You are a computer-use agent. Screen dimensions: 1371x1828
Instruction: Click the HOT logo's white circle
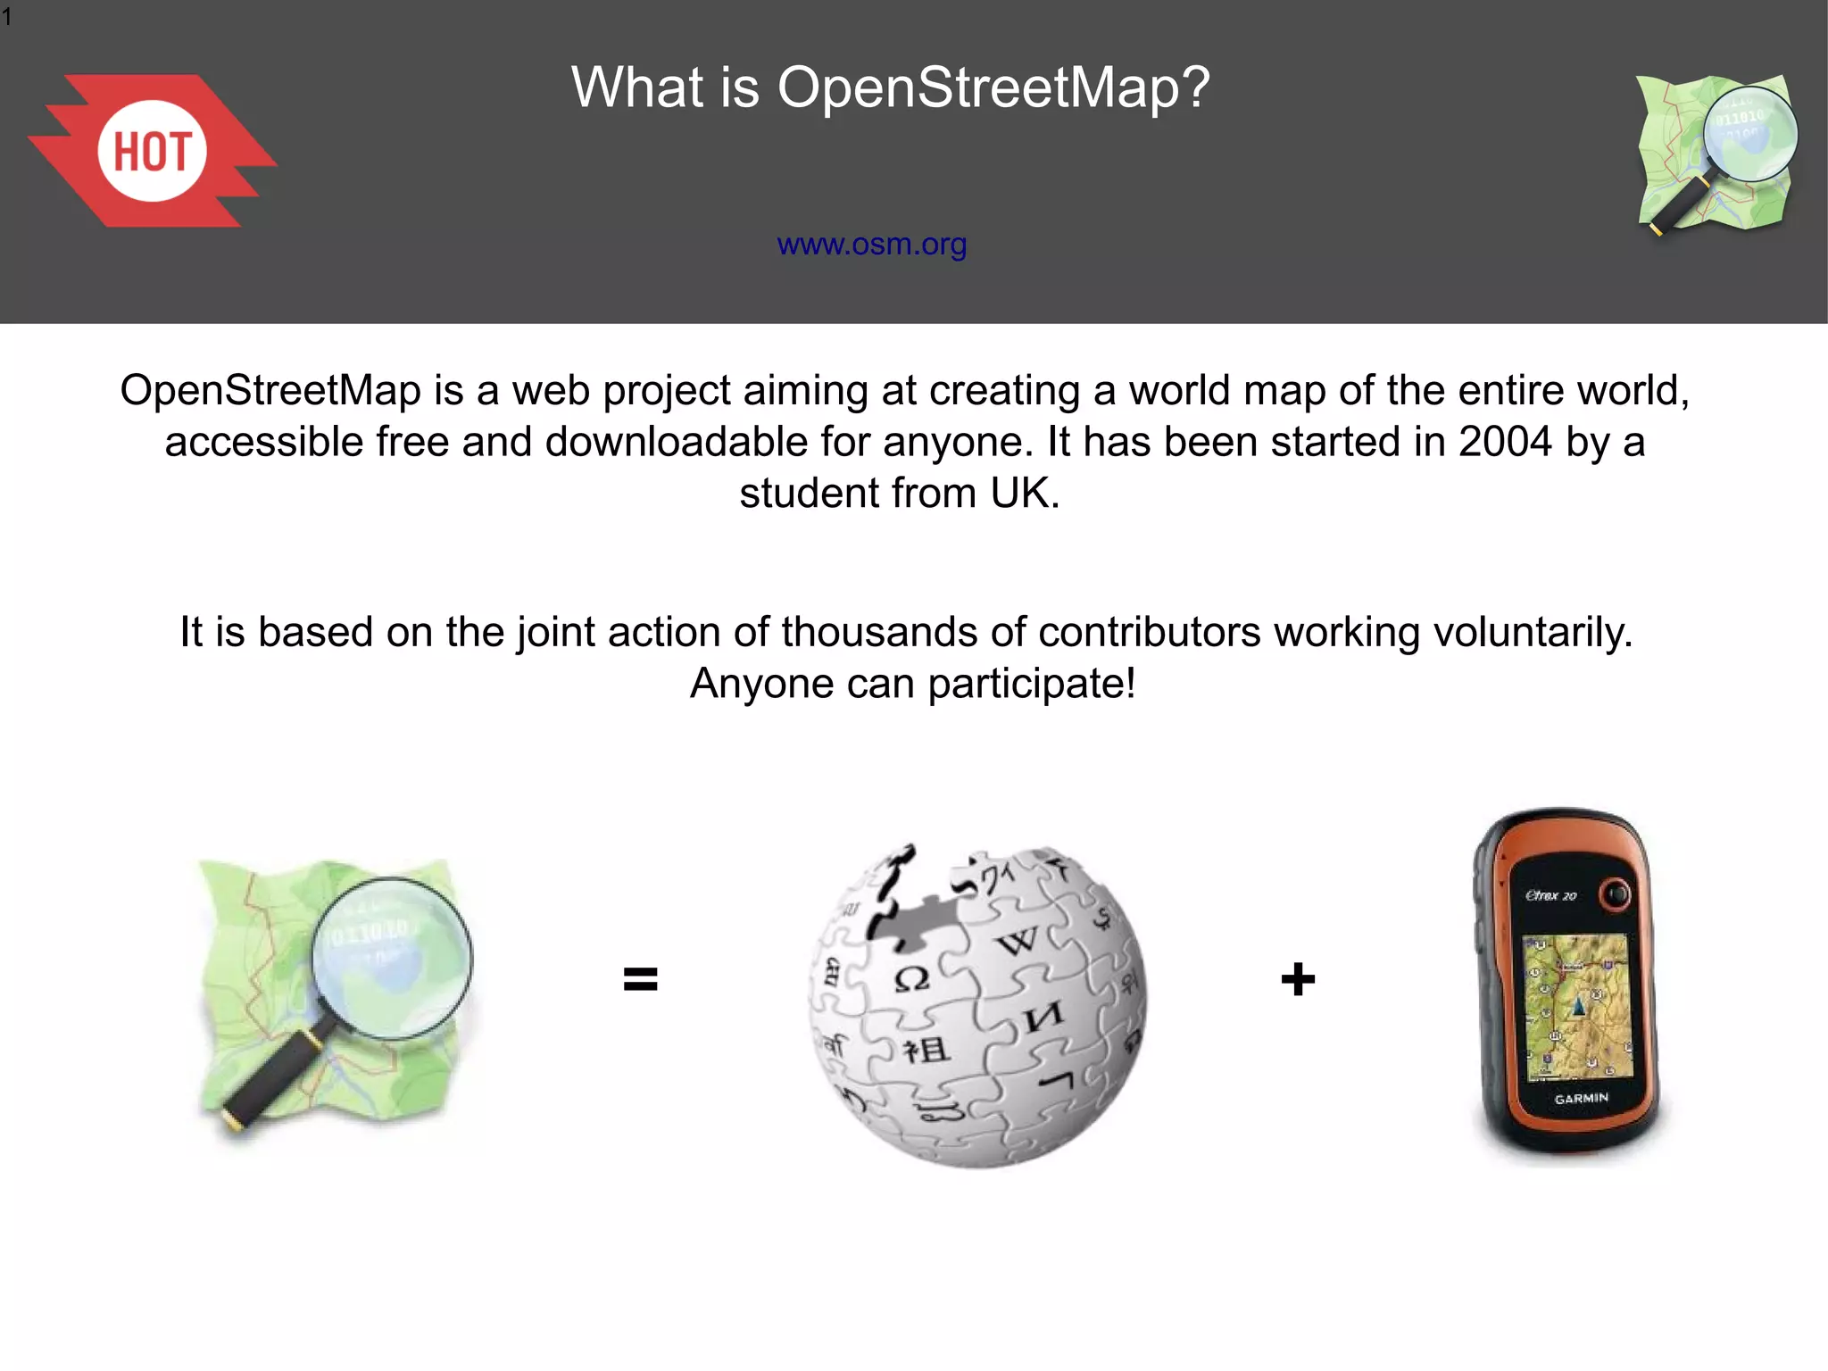pyautogui.click(x=152, y=151)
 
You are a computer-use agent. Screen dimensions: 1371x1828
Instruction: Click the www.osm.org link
pyautogui.click(x=871, y=244)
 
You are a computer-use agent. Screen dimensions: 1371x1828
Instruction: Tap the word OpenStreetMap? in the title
pyautogui.click(x=993, y=87)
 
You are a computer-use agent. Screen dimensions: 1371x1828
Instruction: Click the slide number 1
pyautogui.click(x=7, y=17)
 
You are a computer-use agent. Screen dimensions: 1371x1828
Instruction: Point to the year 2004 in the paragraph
pyautogui.click(x=1505, y=442)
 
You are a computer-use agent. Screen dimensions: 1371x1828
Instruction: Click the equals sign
pyautogui.click(x=640, y=979)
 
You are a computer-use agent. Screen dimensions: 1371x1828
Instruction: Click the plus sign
pyautogui.click(x=1297, y=979)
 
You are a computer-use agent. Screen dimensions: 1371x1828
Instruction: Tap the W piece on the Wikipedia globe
pyautogui.click(x=1018, y=941)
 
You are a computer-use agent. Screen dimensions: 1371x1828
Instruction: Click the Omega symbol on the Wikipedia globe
pyautogui.click(x=911, y=979)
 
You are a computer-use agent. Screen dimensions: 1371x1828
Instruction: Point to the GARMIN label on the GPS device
pyautogui.click(x=1581, y=1098)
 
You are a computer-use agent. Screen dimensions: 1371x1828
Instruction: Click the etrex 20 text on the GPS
pyautogui.click(x=1551, y=895)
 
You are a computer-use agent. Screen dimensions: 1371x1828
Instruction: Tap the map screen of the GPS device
pyautogui.click(x=1575, y=1007)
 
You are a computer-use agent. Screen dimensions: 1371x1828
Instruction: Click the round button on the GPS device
pyautogui.click(x=1615, y=893)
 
